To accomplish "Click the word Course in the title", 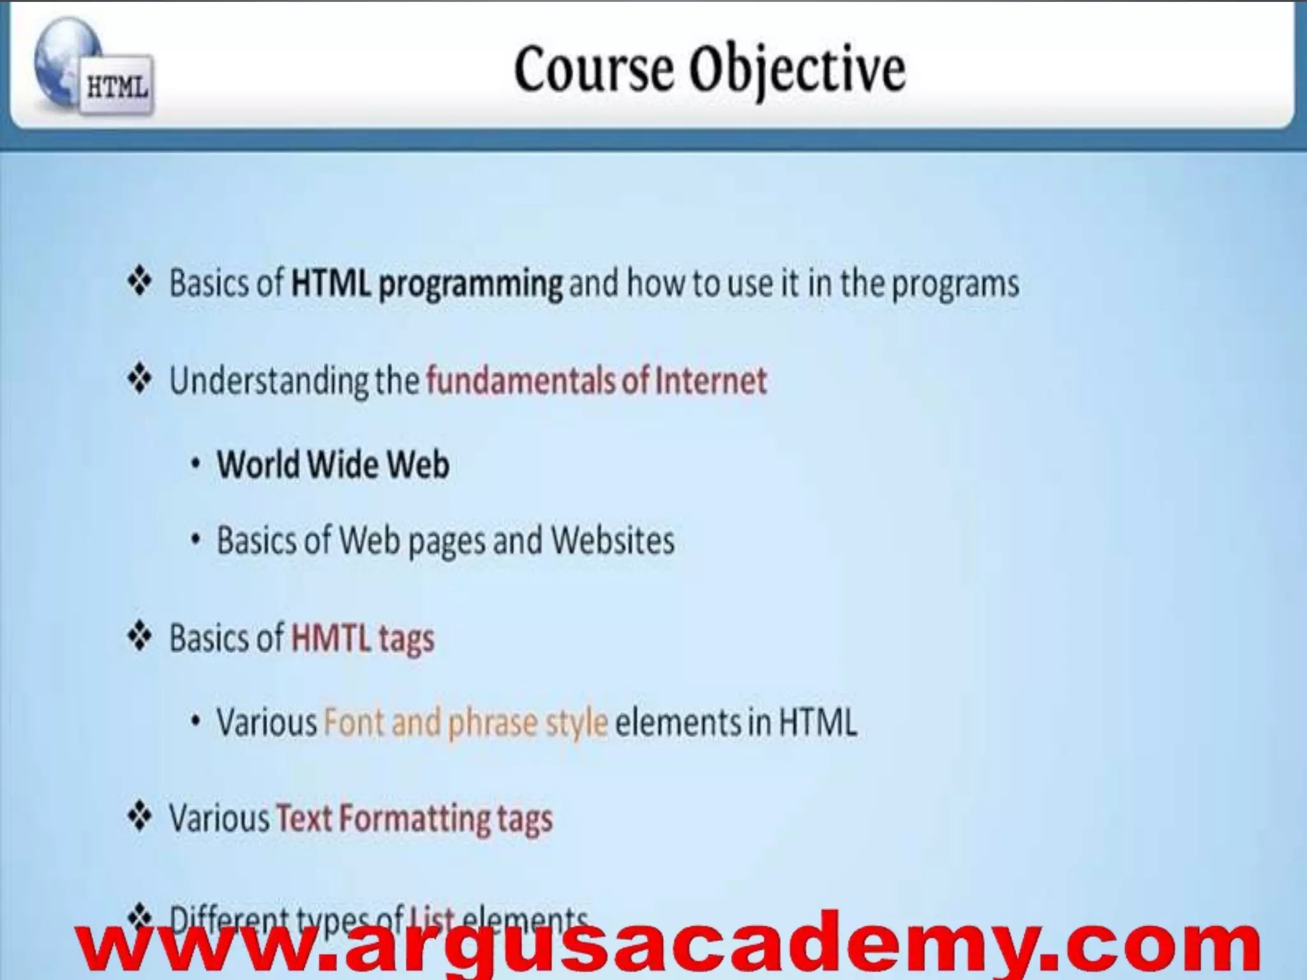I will click(594, 69).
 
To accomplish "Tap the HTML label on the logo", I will click(117, 87).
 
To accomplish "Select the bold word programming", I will click(470, 283).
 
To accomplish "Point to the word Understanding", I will click(269, 381).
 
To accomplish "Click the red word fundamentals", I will click(521, 380).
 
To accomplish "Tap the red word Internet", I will click(711, 380).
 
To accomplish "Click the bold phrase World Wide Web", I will click(332, 464).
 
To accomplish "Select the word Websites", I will click(612, 540).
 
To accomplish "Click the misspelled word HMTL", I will click(331, 637).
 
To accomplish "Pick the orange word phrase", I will click(491, 723).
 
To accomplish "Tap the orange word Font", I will click(353, 722).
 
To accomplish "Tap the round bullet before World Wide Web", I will click(196, 464).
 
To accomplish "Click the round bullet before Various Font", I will click(196, 722).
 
